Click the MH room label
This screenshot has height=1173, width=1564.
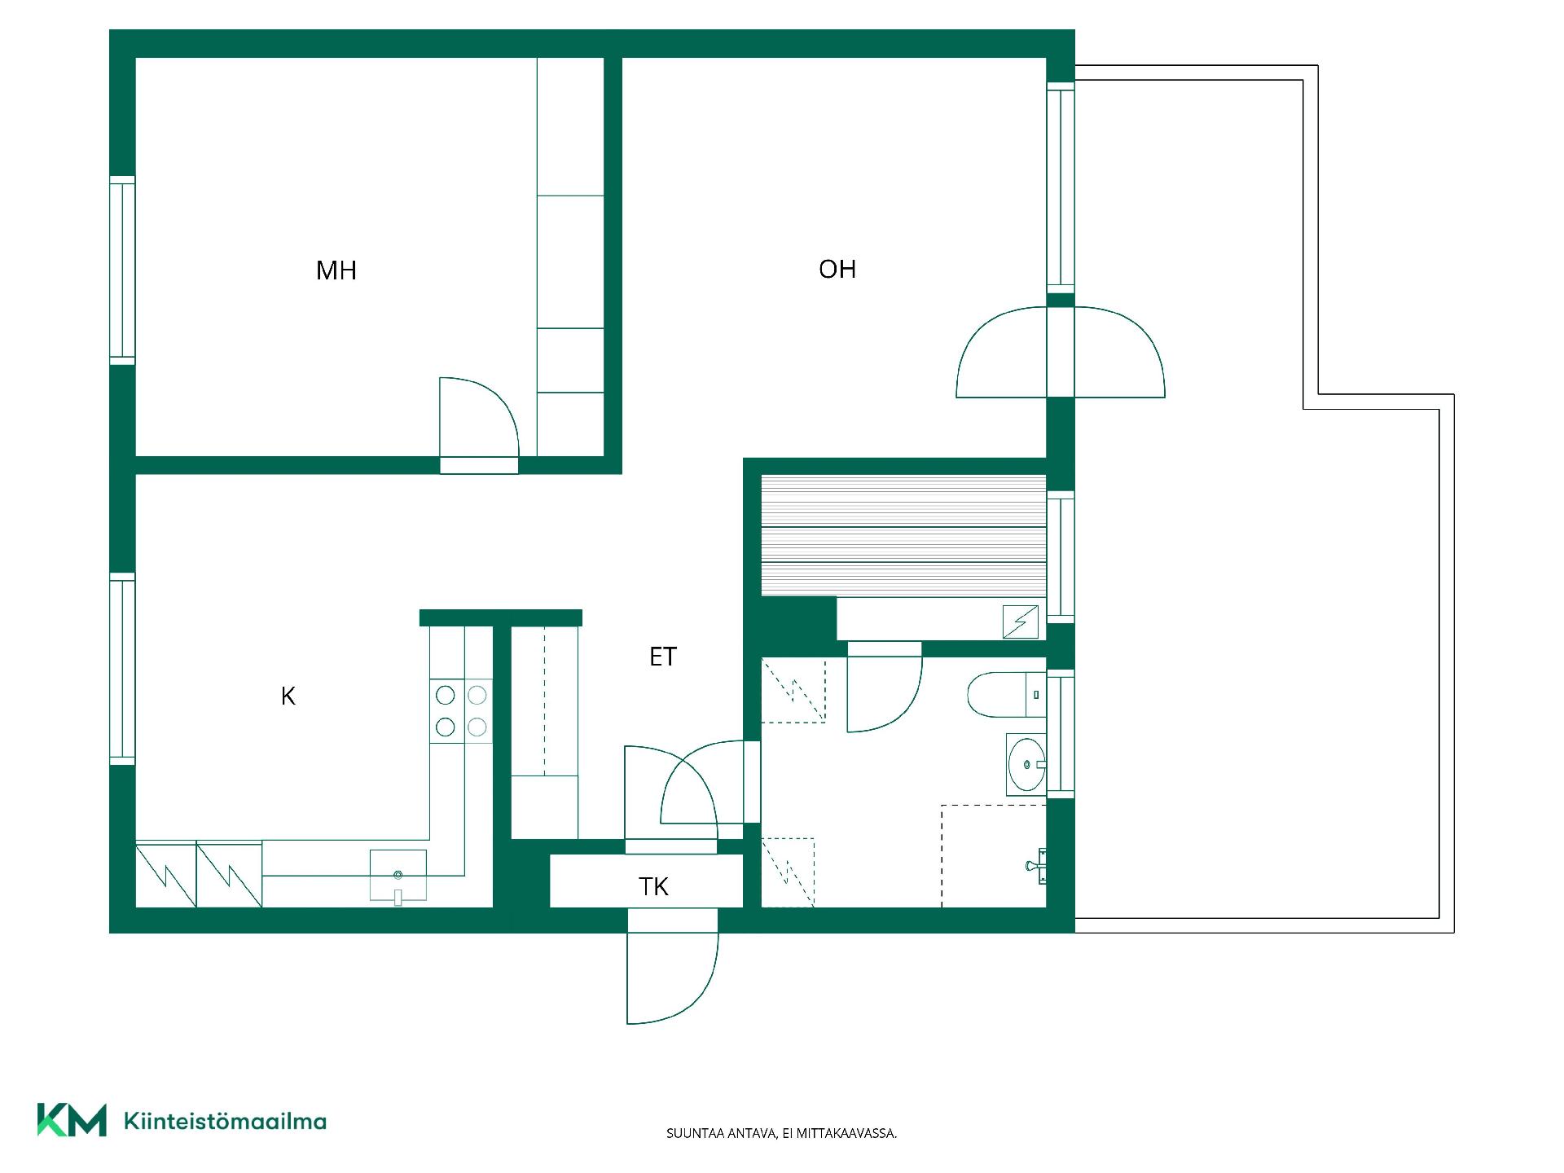336,270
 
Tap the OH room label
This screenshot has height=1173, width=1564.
837,270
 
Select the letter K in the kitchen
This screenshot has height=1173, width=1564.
288,696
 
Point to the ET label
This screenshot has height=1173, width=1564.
663,657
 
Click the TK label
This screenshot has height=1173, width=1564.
654,886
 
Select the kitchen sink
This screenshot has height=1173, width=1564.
398,875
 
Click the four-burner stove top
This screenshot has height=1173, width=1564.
461,710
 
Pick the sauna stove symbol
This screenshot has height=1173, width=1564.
1021,622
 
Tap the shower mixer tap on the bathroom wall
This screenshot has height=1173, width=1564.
1037,865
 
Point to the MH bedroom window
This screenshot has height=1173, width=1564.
122,270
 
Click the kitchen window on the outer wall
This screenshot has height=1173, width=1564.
122,669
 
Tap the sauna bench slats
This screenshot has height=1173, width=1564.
903,535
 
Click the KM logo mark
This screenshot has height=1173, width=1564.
72,1120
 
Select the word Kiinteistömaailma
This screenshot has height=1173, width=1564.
225,1121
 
